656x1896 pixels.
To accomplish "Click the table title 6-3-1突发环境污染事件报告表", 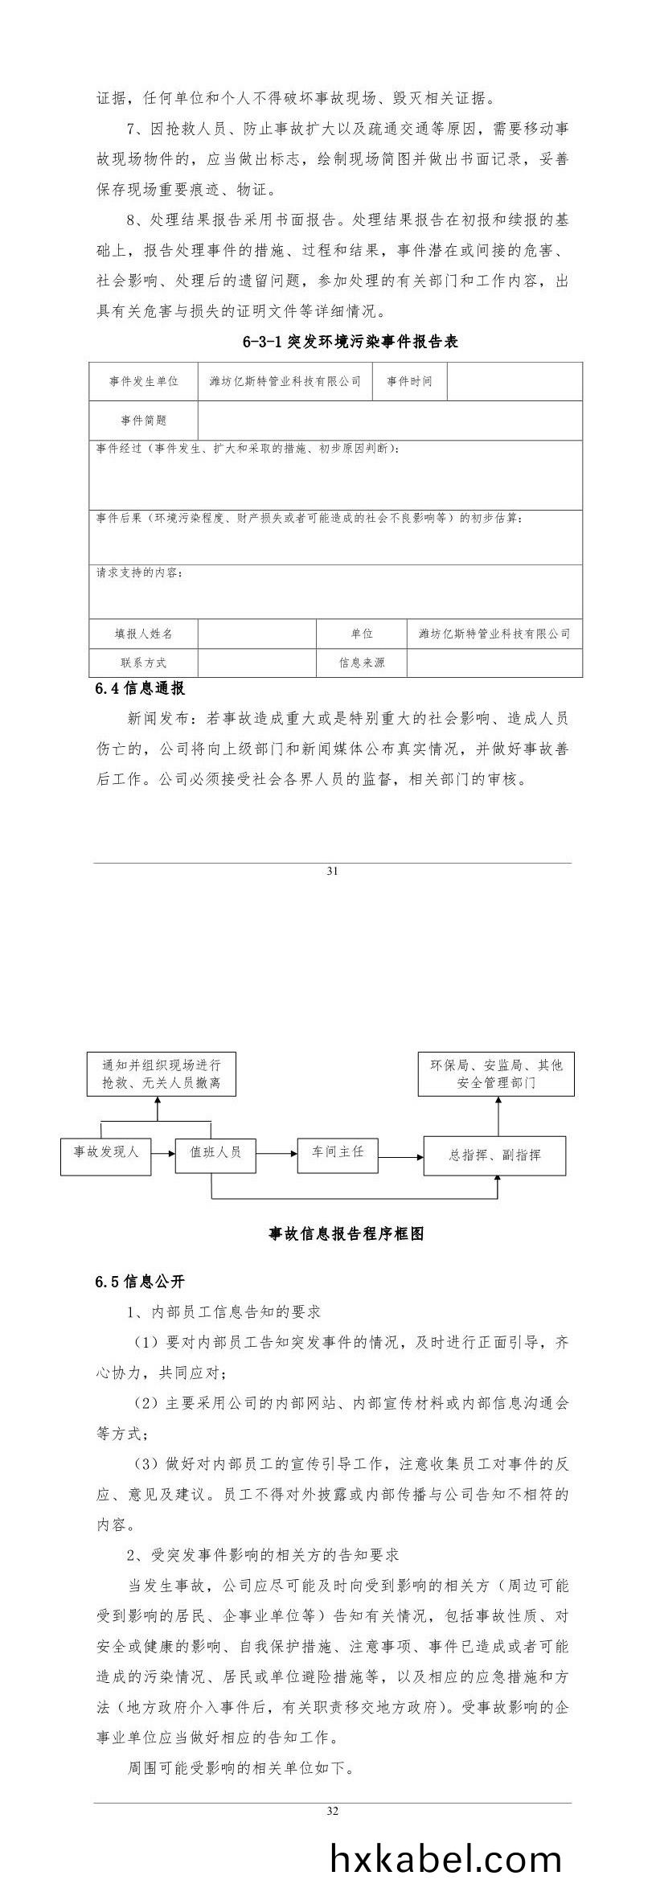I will [x=350, y=342].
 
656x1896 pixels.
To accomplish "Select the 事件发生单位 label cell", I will [x=144, y=381].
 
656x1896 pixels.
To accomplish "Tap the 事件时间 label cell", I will [x=409, y=381].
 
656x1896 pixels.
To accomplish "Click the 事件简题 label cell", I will [x=144, y=421].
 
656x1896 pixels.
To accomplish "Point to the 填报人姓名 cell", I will [x=144, y=634].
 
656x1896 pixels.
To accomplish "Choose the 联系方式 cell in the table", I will [x=144, y=663].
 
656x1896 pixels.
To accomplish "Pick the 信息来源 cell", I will [x=362, y=663].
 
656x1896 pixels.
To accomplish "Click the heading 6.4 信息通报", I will [x=140, y=688].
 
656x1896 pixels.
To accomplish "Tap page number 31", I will [x=333, y=871].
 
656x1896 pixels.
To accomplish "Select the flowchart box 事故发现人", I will [x=106, y=1152].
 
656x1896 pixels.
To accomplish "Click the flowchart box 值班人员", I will [x=215, y=1152].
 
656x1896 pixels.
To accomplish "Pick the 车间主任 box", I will [x=338, y=1152].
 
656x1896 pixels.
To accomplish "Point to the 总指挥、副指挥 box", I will [x=494, y=1155].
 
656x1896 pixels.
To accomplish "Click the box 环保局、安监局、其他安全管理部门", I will [x=496, y=1073].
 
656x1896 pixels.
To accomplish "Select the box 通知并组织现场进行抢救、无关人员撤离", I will [x=156, y=1073].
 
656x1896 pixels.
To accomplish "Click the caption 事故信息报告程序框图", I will [x=346, y=1233].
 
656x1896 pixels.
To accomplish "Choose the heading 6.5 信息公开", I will [x=140, y=1282].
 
